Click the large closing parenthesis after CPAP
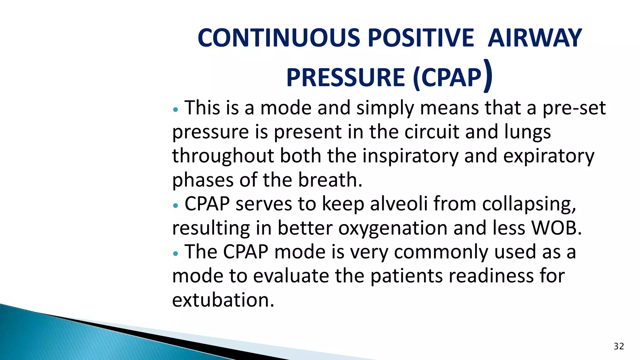pos(488,76)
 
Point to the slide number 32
pos(619,346)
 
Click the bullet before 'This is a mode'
pos(176,110)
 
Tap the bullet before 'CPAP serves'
pos(176,206)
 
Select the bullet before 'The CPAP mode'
pos(176,253)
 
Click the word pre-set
pos(574,108)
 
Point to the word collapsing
pos(529,205)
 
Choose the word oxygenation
pos(393,228)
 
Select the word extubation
pos(222,300)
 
